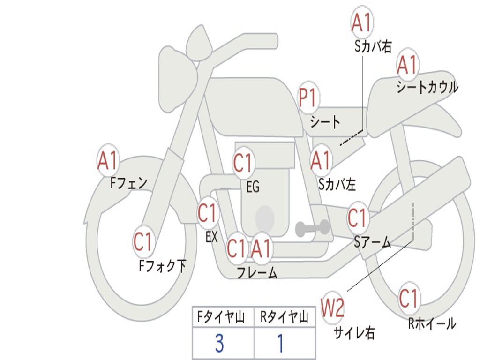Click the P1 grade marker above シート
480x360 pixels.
(x=308, y=98)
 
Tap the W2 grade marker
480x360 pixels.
(x=332, y=307)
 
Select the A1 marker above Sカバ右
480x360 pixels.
(x=362, y=22)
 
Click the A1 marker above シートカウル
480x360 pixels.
(x=407, y=65)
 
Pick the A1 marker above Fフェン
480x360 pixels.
(x=108, y=160)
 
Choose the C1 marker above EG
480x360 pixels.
(x=243, y=162)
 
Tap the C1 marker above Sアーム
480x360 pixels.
(x=358, y=218)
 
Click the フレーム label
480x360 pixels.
(x=257, y=272)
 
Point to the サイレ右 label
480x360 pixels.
(x=354, y=333)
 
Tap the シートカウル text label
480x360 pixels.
(x=427, y=88)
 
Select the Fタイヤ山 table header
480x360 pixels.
(x=221, y=317)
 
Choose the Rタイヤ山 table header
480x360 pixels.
(x=285, y=317)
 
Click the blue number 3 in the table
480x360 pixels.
(x=219, y=343)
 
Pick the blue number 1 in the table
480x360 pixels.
(x=281, y=343)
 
